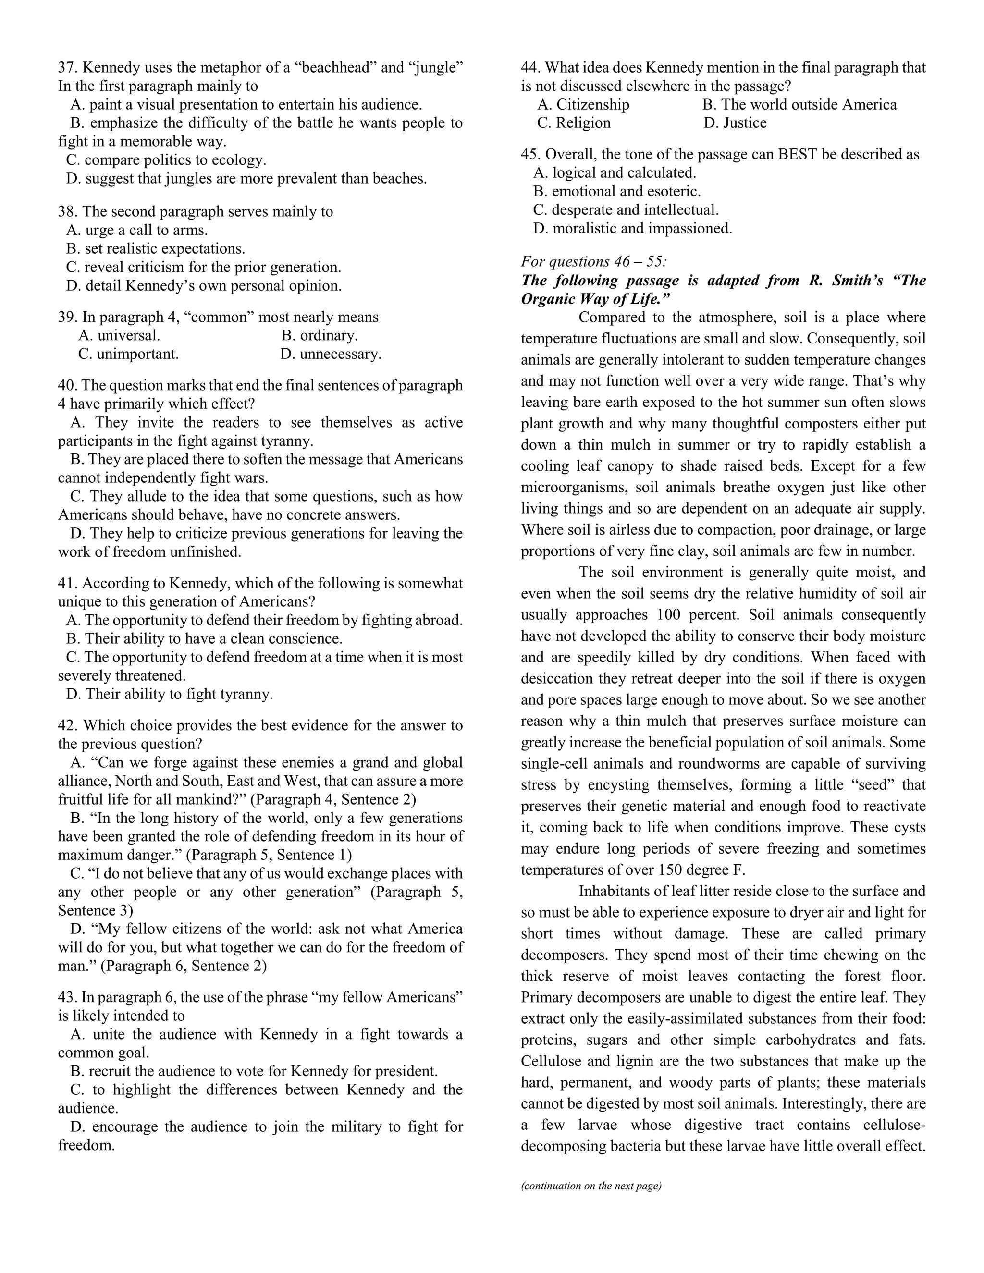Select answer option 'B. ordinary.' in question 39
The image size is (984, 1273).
(320, 335)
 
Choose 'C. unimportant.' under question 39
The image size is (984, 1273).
(128, 354)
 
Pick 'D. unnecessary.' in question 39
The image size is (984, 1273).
(331, 354)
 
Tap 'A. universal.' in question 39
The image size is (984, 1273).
(119, 335)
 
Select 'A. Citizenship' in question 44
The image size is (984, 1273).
(583, 104)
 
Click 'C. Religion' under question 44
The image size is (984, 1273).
(574, 122)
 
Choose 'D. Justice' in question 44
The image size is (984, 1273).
(735, 122)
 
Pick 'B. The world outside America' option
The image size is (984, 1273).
(799, 104)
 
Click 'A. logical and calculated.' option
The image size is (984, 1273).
(615, 172)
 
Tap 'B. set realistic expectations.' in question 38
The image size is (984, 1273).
(156, 248)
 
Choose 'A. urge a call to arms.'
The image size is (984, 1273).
(137, 230)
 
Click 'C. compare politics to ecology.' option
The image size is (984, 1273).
(166, 159)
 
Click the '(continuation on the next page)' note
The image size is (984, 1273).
(591, 1186)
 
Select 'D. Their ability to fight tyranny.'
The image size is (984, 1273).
(170, 694)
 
